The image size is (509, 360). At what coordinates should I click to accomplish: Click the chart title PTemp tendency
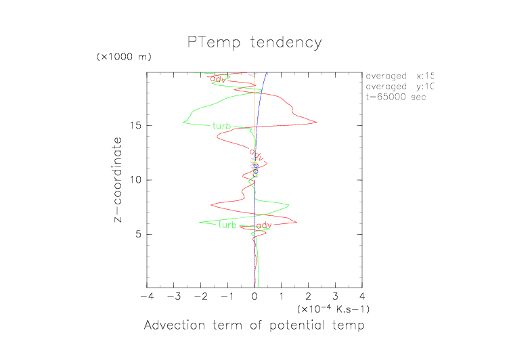(x=255, y=43)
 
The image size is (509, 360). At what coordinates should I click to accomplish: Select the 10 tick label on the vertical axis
(x=135, y=180)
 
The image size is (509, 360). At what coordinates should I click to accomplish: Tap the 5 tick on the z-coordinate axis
(x=138, y=234)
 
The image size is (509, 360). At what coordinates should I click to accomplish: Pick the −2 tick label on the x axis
(x=200, y=296)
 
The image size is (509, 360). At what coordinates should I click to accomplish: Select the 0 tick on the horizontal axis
(x=255, y=296)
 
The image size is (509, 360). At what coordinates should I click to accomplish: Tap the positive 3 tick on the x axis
(x=335, y=296)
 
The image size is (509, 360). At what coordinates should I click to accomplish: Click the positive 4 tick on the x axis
(x=362, y=296)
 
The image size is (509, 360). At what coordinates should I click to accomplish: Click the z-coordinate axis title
(x=118, y=180)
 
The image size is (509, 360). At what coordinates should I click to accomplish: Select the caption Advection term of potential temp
(x=255, y=326)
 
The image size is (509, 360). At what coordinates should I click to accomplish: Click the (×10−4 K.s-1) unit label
(x=332, y=309)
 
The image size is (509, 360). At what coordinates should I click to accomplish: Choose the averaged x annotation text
(x=399, y=76)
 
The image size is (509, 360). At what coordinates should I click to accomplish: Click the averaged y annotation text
(x=399, y=87)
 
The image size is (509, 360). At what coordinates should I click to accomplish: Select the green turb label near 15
(x=221, y=126)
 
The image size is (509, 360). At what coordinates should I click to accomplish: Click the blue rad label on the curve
(x=255, y=169)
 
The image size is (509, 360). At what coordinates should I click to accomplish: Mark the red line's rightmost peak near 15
(x=317, y=122)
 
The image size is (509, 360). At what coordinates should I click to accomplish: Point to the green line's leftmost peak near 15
(x=183, y=122)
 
